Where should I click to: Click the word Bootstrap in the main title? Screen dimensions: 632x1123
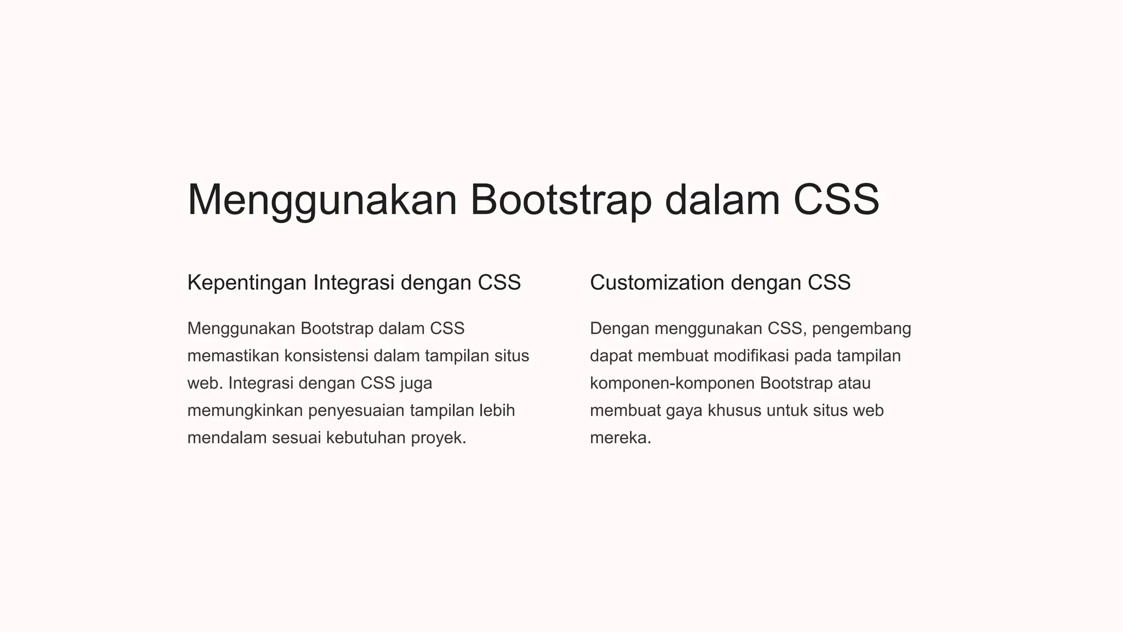560,200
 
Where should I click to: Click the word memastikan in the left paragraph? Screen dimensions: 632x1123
233,356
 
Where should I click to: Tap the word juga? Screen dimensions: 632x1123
416,383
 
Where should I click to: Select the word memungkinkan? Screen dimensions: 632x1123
245,411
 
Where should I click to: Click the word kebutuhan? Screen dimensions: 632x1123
366,438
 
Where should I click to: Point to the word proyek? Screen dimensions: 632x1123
438,438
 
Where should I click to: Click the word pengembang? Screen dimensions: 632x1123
861,329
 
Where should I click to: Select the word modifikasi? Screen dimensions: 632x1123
751,356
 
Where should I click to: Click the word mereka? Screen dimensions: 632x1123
620,438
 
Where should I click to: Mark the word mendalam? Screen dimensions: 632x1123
227,438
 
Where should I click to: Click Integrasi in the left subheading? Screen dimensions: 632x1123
354,283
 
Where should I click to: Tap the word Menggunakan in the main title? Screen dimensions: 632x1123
322,200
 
